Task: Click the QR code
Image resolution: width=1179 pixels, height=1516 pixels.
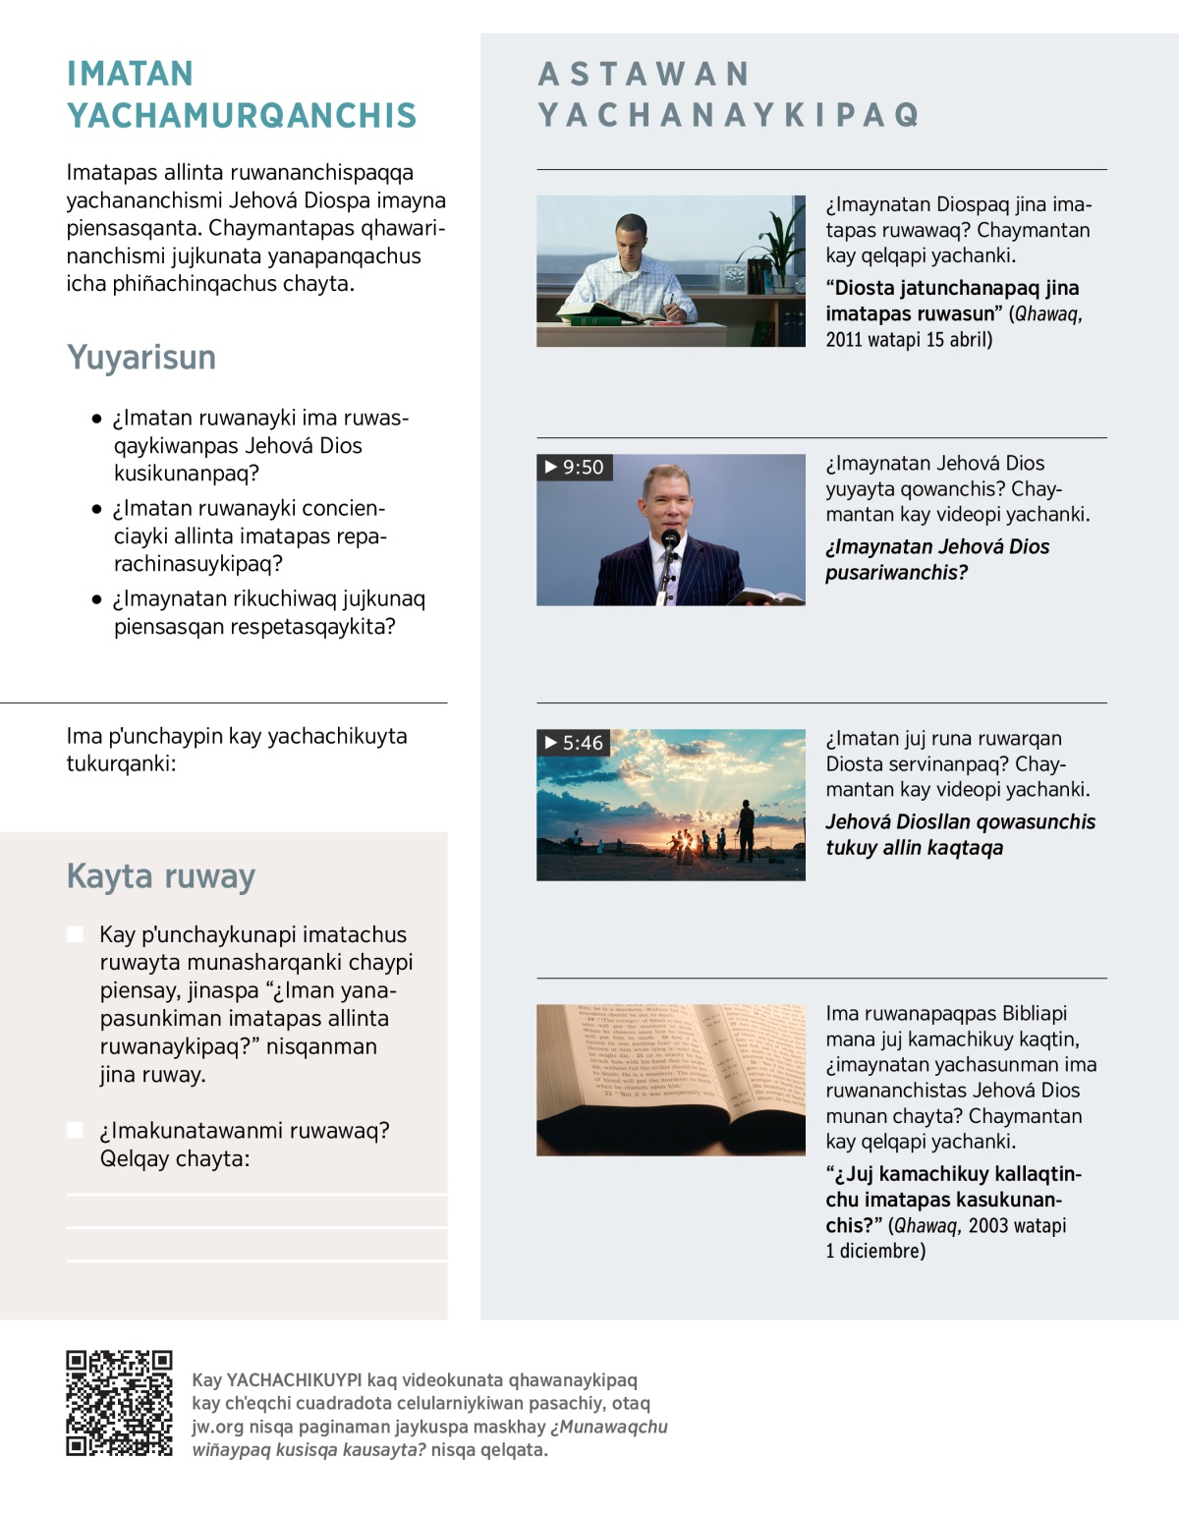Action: [x=119, y=1403]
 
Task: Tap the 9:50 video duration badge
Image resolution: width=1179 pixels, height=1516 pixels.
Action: [x=575, y=467]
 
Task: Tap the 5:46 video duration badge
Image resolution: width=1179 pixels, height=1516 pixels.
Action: [x=575, y=743]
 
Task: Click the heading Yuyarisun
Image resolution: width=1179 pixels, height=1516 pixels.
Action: [x=141, y=358]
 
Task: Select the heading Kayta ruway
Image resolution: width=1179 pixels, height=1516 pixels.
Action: [x=161, y=875]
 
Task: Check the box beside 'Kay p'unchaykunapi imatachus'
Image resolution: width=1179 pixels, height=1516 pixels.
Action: [x=75, y=934]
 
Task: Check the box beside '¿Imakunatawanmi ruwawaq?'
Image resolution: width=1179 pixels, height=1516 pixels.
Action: [x=75, y=1130]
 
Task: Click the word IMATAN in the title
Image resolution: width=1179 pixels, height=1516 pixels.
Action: [x=130, y=74]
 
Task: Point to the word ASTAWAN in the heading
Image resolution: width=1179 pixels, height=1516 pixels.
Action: [x=645, y=74]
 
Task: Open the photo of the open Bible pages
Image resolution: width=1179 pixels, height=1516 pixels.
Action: [x=670, y=1080]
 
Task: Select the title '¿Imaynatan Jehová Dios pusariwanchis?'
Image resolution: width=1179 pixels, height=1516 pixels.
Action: [x=936, y=559]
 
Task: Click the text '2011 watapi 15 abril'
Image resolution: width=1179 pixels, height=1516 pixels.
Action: [x=909, y=340]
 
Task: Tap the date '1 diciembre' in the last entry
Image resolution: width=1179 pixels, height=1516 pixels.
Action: [x=875, y=1251]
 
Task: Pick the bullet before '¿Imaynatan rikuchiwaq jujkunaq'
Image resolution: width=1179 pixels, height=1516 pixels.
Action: [x=96, y=599]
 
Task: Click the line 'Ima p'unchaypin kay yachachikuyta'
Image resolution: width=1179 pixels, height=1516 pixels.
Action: [x=236, y=736]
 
